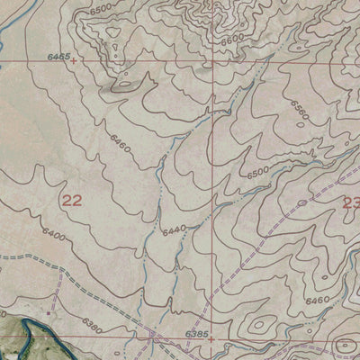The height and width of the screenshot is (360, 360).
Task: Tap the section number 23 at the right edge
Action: (x=350, y=204)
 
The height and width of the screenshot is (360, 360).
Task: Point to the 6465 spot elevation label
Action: (x=59, y=56)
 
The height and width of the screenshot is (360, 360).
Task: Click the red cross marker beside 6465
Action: (x=74, y=62)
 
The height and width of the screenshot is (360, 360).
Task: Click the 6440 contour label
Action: (x=174, y=230)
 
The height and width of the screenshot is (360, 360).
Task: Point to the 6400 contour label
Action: (x=54, y=235)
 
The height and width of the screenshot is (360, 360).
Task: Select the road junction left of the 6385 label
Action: (x=155, y=334)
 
